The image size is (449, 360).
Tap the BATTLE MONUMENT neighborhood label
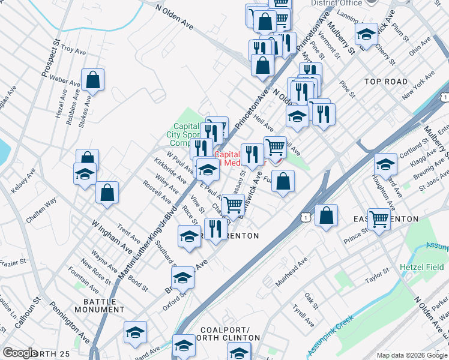click(x=100, y=305)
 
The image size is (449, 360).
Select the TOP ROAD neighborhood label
click(x=386, y=82)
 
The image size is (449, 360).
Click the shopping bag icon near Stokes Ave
click(x=93, y=80)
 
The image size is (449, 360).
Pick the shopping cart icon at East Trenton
click(x=379, y=220)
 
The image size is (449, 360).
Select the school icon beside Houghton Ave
click(x=385, y=164)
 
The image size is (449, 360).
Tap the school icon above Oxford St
click(x=183, y=278)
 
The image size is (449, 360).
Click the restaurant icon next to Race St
click(x=215, y=229)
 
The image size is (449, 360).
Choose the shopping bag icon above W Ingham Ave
click(x=107, y=193)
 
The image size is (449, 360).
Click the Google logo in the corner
click(x=20, y=353)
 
